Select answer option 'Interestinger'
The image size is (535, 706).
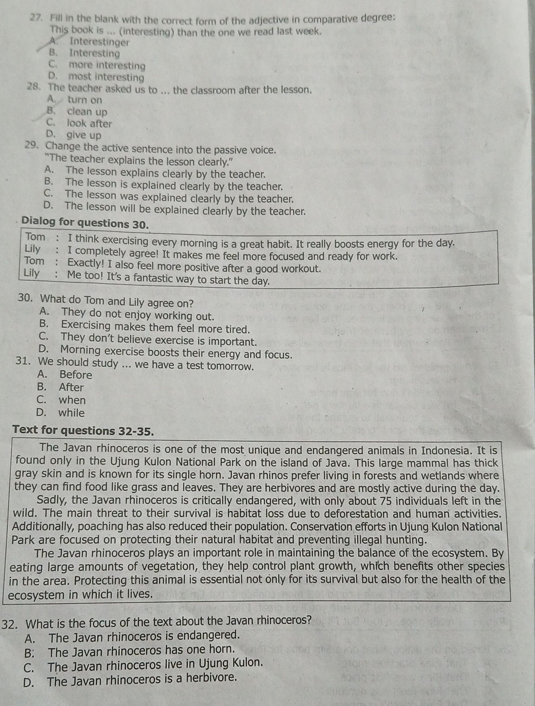99,42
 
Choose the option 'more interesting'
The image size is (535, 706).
107,66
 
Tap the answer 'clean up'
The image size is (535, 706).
87,112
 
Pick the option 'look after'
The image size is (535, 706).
89,123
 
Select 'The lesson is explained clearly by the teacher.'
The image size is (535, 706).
173,185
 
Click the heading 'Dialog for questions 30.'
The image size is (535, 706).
85,223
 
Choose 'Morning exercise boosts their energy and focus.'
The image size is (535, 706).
176,354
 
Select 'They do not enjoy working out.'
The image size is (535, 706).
138,314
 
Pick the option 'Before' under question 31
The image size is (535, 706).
75,375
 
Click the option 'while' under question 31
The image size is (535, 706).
72,413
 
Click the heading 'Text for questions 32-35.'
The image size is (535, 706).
83,431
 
